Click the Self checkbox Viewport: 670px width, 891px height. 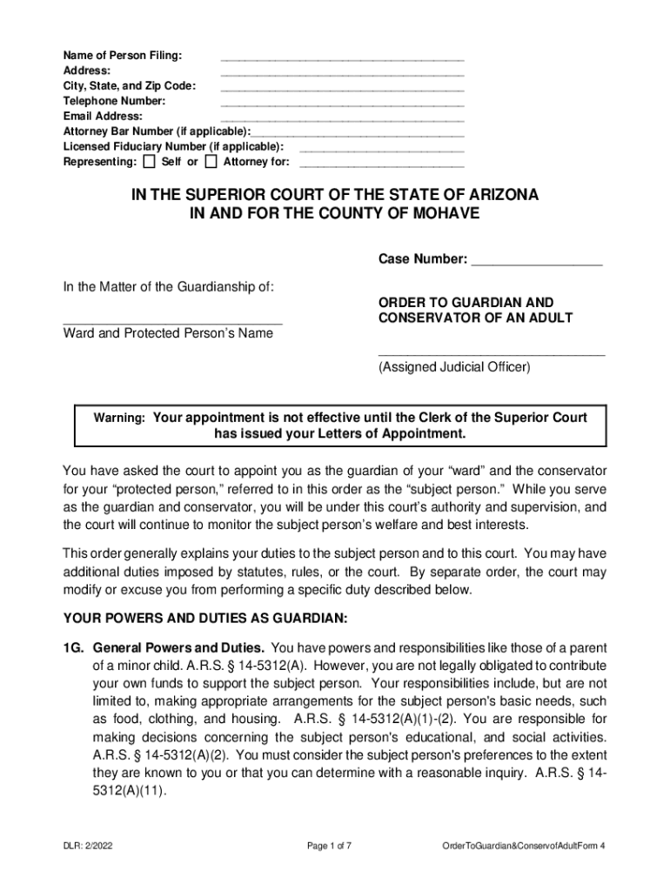point(149,162)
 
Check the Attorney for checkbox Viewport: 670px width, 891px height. point(211,162)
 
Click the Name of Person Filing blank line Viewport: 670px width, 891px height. point(342,60)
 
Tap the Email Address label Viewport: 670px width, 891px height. point(103,116)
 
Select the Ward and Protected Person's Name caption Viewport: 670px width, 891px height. point(168,333)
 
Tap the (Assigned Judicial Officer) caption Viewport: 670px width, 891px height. point(453,367)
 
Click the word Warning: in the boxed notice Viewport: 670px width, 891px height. point(119,419)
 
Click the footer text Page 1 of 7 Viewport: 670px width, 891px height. point(334,846)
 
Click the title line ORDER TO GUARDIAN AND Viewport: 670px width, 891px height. point(466,301)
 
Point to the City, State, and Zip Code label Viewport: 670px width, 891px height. point(129,86)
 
